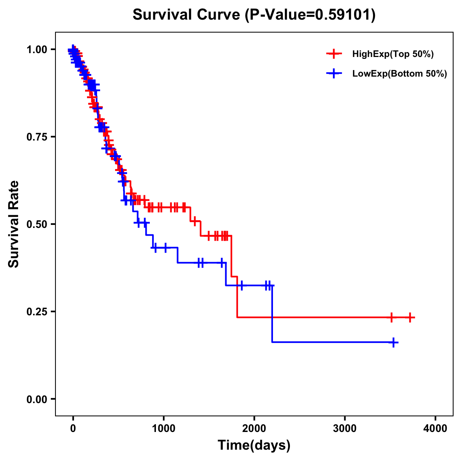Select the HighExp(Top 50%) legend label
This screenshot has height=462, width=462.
(393, 54)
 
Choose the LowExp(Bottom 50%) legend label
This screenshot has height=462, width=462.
(400, 74)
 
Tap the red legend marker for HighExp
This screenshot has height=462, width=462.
(334, 54)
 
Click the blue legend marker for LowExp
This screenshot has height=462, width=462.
(334, 73)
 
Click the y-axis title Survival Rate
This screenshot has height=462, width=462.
(14, 224)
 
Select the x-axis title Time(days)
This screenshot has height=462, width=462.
(254, 445)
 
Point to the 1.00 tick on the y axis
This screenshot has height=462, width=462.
(37, 49)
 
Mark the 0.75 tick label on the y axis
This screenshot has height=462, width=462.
(37, 137)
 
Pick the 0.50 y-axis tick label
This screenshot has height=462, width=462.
(37, 224)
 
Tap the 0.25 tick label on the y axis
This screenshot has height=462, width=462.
(37, 311)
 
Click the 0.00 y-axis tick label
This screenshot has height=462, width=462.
(37, 399)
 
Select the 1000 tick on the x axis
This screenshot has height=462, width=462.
(164, 429)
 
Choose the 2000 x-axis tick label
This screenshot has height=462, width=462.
(254, 429)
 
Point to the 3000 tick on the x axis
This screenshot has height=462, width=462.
(345, 429)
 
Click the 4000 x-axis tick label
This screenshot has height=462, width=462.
(435, 429)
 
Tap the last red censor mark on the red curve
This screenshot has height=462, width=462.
(410, 318)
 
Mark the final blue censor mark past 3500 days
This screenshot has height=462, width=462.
(393, 342)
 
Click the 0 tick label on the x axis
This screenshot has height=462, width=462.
(73, 429)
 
